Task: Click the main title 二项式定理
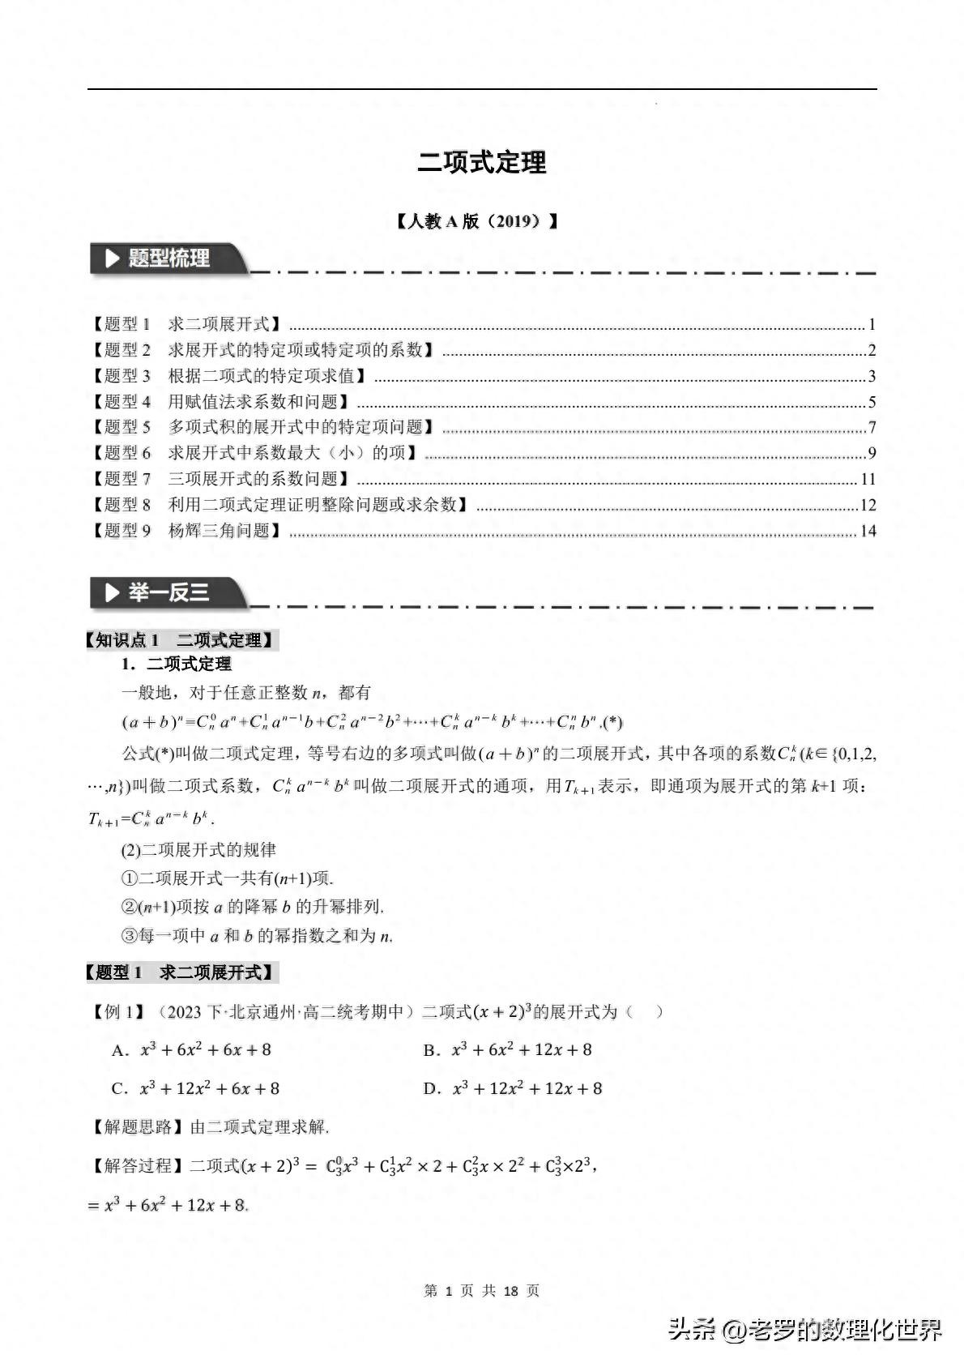point(482,162)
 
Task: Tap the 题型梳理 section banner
point(168,259)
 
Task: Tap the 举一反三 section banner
point(168,593)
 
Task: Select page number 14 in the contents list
point(868,531)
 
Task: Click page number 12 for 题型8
point(868,505)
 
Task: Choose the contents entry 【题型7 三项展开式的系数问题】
point(220,479)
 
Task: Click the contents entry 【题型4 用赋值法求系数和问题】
point(220,402)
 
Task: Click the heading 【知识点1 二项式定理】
point(181,640)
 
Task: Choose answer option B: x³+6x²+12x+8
point(508,1050)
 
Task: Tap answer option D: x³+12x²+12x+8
point(513,1088)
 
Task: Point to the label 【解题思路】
point(136,1126)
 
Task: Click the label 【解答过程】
point(136,1166)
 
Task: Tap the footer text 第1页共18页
point(481,1291)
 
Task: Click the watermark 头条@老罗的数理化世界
point(805,1330)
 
